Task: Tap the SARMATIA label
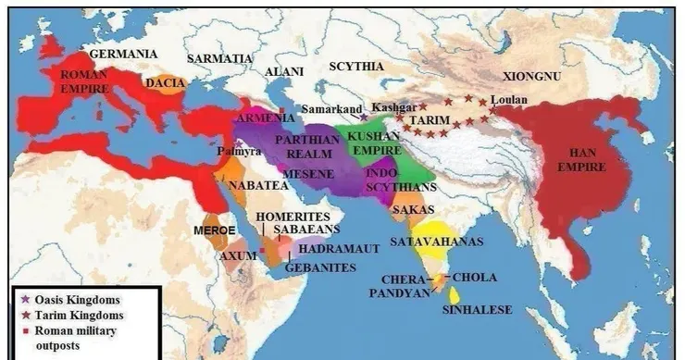(219, 57)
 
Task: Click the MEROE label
(210, 228)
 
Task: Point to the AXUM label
(238, 255)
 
